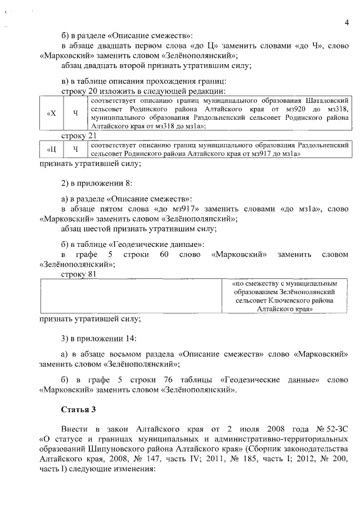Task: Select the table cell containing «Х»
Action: pos(51,112)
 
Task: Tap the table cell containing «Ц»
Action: pos(51,149)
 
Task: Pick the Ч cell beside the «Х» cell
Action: pos(75,112)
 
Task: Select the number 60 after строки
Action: pos(165,254)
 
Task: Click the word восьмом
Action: pos(142,354)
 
